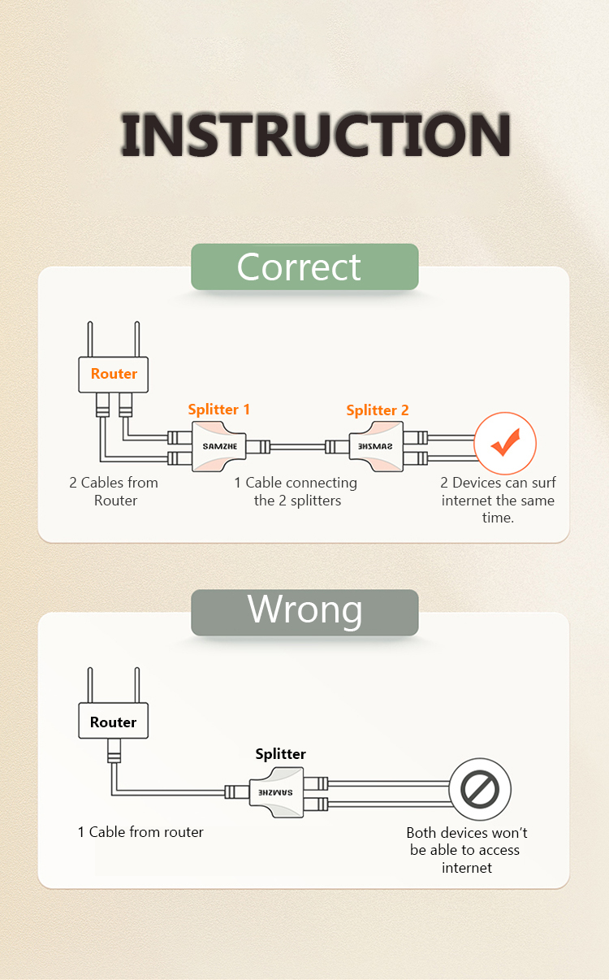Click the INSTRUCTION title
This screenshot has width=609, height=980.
pos(315,134)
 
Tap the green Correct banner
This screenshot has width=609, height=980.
pos(304,267)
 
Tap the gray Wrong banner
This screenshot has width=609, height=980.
pos(304,613)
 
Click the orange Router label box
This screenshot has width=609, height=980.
pos(113,375)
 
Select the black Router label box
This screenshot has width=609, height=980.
pos(113,721)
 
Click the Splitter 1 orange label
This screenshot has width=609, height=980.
pos(218,410)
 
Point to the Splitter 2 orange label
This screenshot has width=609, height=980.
pos(378,410)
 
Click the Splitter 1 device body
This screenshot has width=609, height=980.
pos(218,446)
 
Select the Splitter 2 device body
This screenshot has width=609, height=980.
pos(376,446)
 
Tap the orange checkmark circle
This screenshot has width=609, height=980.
pos(505,443)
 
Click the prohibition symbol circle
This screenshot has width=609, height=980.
pos(480,789)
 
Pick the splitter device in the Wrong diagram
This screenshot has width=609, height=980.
pos(276,792)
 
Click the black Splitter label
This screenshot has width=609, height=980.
pos(281,754)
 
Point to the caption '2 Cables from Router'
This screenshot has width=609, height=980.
pos(114,492)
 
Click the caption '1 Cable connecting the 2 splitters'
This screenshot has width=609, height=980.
pos(296,492)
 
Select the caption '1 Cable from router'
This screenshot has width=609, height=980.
pos(140,832)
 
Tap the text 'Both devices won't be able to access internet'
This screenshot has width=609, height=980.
pos(466,850)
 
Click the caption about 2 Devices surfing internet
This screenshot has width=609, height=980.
pos(498,500)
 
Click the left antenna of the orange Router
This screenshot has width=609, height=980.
pos(90,339)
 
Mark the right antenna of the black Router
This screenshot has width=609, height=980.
pos(137,685)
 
